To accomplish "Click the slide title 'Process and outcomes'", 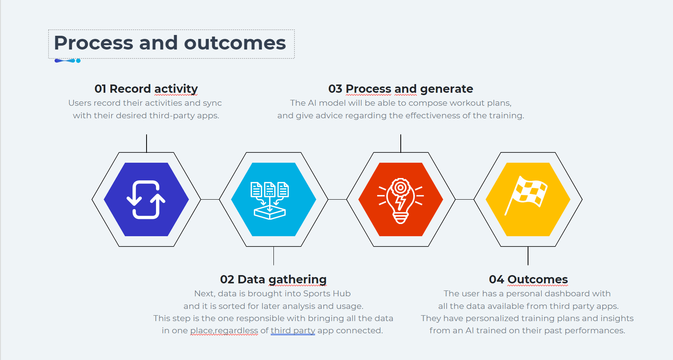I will (170, 43).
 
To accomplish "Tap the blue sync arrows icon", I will (146, 199).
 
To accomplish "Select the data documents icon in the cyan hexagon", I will (270, 200).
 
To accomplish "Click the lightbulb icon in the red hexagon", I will (400, 200).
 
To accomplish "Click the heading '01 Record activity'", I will (146, 89).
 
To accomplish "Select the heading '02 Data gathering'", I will (273, 279).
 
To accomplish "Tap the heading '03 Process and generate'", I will (400, 89).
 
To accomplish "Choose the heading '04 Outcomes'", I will (528, 279).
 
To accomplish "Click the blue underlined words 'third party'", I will (293, 331).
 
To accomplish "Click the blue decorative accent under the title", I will (67, 61).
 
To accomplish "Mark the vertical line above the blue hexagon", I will (147, 143).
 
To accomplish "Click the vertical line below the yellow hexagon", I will (528, 256).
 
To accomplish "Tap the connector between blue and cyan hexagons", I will (210, 200).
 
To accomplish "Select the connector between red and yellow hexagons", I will (464, 200).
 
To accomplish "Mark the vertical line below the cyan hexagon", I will (273, 256).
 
